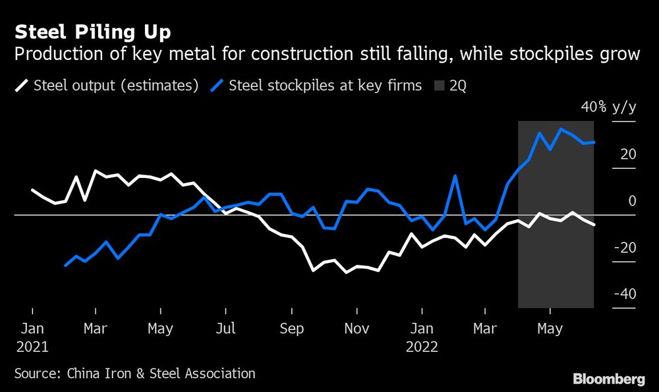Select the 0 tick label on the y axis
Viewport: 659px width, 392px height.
(x=632, y=201)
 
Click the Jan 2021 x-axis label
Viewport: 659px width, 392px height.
(x=32, y=336)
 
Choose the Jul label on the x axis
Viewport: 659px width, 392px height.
(x=226, y=327)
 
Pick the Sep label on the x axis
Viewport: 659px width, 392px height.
(x=291, y=327)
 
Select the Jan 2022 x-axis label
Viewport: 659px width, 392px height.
(x=421, y=336)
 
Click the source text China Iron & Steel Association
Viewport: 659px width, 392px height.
(x=161, y=374)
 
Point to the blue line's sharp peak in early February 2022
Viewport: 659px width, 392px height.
(x=455, y=175)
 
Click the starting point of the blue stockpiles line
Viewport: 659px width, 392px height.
(x=65, y=266)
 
